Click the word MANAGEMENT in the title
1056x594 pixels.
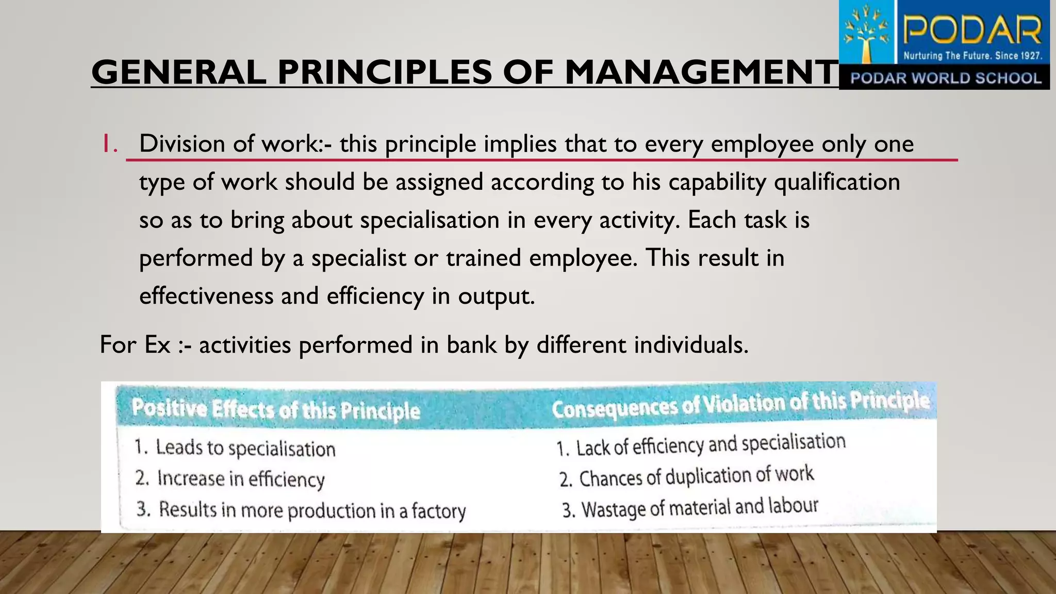coord(701,72)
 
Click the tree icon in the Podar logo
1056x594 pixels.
coord(868,34)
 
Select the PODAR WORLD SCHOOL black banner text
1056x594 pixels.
coord(946,78)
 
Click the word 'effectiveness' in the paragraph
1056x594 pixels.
coord(206,296)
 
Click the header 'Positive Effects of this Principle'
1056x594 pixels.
coord(276,410)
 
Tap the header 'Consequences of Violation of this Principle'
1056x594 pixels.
coord(740,405)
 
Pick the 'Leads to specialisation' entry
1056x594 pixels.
coord(245,448)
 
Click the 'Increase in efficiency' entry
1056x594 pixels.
coord(241,479)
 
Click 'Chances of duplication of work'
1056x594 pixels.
coord(696,476)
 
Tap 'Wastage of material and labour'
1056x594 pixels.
coord(699,508)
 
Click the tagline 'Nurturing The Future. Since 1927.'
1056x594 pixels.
coord(972,56)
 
